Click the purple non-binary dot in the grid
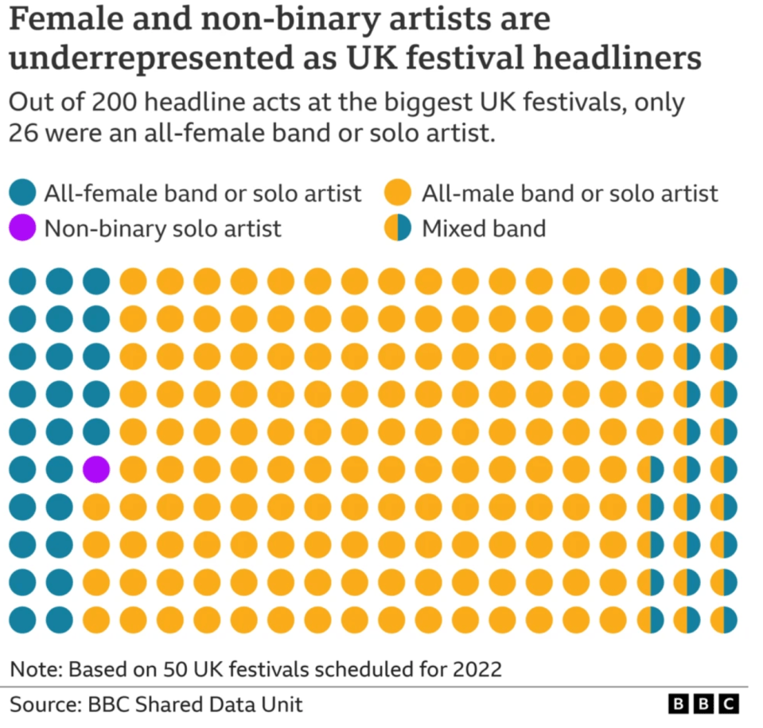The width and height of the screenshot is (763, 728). [95, 469]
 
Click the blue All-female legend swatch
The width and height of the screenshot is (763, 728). [22, 193]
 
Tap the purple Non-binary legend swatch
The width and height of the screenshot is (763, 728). [22, 229]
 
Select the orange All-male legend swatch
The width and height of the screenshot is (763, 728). [397, 193]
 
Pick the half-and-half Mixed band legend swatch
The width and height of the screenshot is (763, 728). [397, 229]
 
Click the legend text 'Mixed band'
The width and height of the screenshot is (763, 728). [484, 229]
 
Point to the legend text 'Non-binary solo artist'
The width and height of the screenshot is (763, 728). [162, 229]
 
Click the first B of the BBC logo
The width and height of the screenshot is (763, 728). [679, 704]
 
